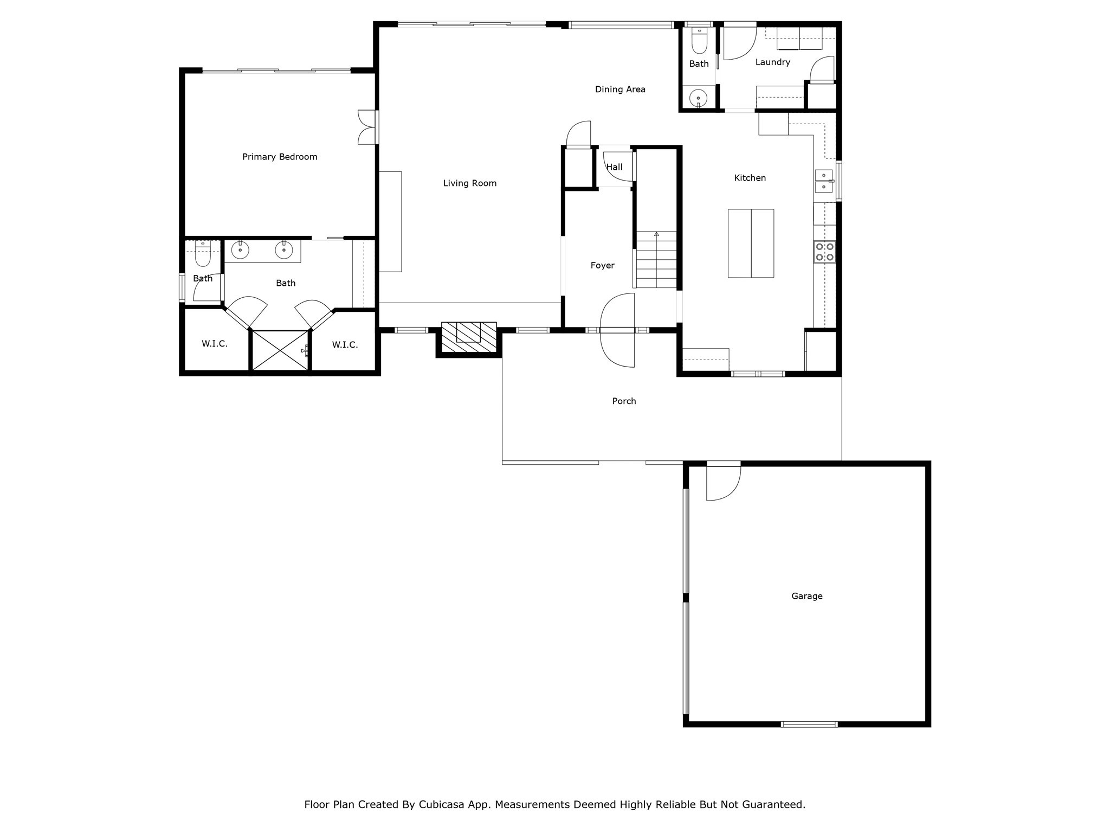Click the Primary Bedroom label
point(280,157)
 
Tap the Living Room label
point(470,183)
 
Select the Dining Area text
point(620,89)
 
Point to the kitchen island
point(751,243)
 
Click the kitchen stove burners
point(824,252)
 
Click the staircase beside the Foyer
point(656,260)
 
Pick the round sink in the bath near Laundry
point(698,99)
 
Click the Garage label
point(807,596)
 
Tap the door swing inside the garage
point(724,483)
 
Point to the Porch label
point(624,401)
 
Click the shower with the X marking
point(280,350)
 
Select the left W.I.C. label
point(215,344)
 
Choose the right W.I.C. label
point(345,345)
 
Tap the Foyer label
point(603,265)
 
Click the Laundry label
point(772,62)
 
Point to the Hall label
point(614,167)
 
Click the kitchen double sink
point(824,181)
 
